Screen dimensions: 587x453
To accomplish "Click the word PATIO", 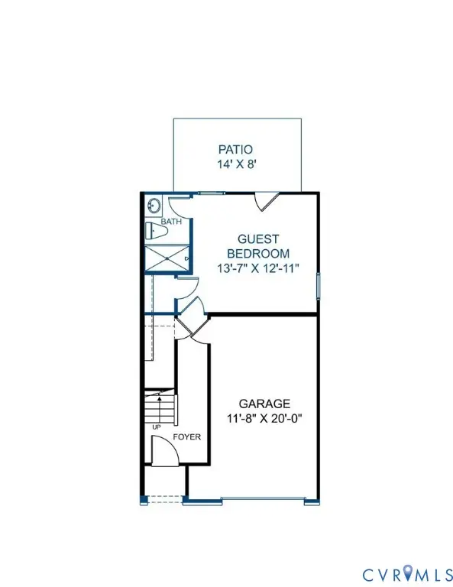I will tap(235, 150).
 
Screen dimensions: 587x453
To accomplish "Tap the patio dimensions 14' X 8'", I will tap(235, 164).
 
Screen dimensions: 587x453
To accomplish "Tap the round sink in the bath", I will tap(154, 206).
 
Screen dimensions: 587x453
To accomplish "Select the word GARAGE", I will tap(264, 404).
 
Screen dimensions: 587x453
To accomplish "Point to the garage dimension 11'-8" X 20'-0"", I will tap(264, 418).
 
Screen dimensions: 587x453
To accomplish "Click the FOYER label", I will tap(187, 437).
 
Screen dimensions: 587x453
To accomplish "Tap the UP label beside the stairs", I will tap(156, 426).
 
